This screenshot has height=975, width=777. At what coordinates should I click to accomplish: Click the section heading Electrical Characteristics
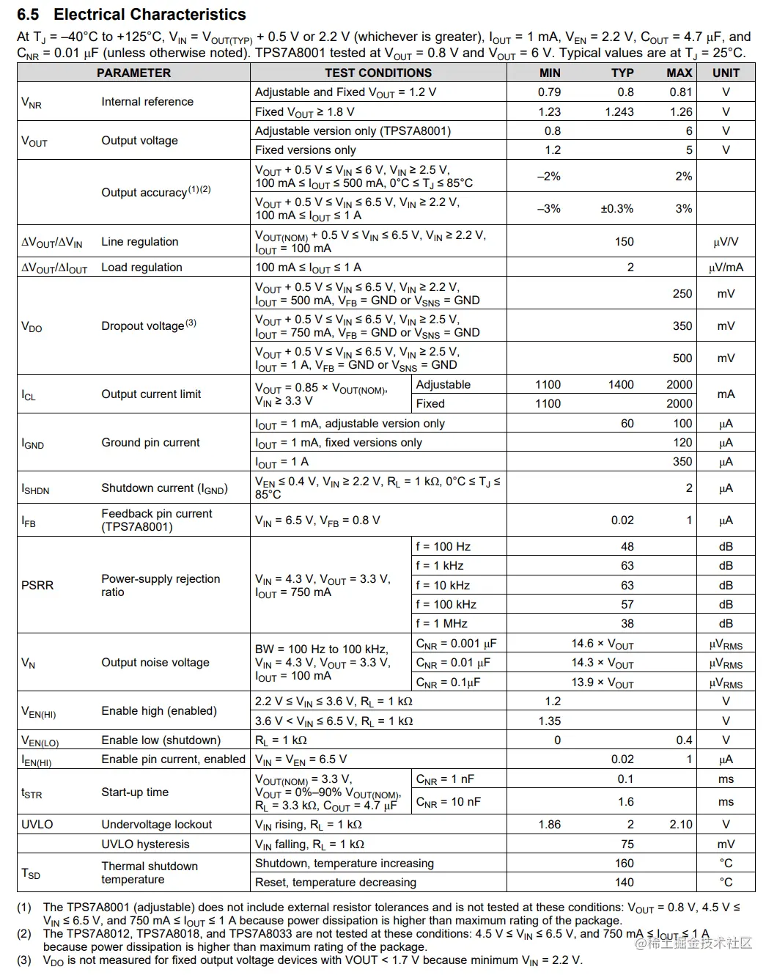(x=150, y=15)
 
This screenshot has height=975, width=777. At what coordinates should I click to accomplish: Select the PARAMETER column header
(x=133, y=73)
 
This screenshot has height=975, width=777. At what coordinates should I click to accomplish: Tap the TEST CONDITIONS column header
(x=378, y=73)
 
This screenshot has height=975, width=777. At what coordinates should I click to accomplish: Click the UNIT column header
(x=726, y=73)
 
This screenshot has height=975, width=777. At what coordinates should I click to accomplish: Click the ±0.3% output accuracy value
(x=616, y=209)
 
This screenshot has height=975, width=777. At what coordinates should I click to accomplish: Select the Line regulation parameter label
(x=139, y=242)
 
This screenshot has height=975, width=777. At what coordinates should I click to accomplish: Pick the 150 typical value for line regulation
(x=625, y=242)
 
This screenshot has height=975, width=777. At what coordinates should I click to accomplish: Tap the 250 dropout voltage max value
(x=682, y=294)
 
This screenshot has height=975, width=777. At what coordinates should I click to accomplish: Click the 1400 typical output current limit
(x=621, y=385)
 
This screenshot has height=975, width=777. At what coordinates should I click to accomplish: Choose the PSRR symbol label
(x=37, y=585)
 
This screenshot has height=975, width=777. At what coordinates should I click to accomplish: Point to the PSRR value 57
(x=627, y=605)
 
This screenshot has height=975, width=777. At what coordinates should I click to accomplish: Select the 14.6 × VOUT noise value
(x=603, y=644)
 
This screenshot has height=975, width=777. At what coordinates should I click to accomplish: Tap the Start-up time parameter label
(x=135, y=792)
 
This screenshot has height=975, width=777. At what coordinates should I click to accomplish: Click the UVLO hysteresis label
(x=145, y=845)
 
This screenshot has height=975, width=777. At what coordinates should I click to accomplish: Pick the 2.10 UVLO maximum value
(x=681, y=825)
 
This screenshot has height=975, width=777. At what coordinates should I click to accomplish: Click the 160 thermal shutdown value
(x=625, y=864)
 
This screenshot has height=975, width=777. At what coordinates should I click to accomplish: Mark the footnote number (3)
(x=24, y=960)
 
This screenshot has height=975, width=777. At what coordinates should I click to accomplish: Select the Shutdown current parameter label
(x=164, y=488)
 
